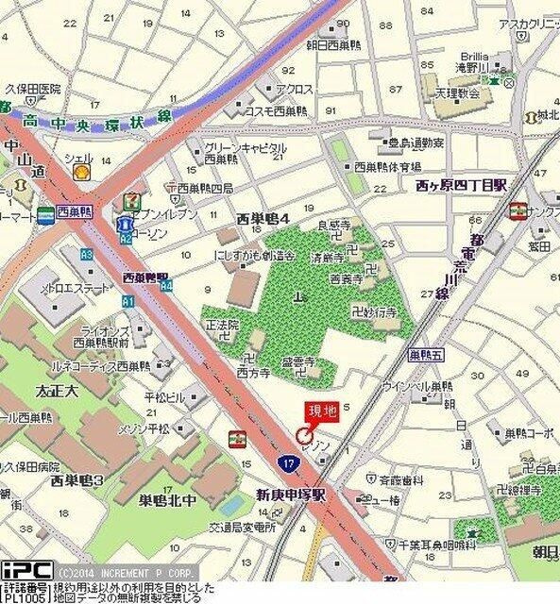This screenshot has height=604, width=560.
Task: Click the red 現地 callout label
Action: tap(317, 411)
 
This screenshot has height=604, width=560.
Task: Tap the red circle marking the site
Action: tap(303, 435)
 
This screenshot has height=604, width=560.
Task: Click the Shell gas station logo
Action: tap(82, 173)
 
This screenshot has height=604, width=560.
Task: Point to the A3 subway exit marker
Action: tap(87, 255)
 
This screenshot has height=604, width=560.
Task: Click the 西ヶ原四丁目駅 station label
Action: tap(462, 186)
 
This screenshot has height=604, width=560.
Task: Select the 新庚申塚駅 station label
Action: tap(291, 494)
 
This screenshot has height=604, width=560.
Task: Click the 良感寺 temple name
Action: tap(334, 226)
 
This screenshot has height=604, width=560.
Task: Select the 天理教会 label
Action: tap(459, 94)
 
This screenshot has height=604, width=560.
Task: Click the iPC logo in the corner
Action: tap(25, 571)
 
